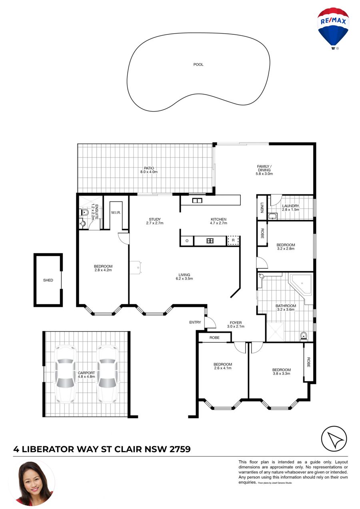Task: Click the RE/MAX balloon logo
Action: [333, 28]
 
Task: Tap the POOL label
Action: [198, 64]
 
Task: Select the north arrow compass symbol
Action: [334, 439]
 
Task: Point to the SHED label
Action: [48, 280]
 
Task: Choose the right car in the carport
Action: [108, 374]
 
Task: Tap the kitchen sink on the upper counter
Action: [197, 200]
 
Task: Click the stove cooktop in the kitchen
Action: [210, 240]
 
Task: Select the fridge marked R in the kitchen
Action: [233, 240]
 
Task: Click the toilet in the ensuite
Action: [84, 213]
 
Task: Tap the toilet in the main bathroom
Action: [304, 336]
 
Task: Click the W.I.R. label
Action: [116, 213]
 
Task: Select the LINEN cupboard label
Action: [262, 208]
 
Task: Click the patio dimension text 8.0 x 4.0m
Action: [149, 172]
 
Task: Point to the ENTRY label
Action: [195, 322]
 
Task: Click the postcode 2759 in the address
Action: [180, 449]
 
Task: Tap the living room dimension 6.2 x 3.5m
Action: [184, 279]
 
